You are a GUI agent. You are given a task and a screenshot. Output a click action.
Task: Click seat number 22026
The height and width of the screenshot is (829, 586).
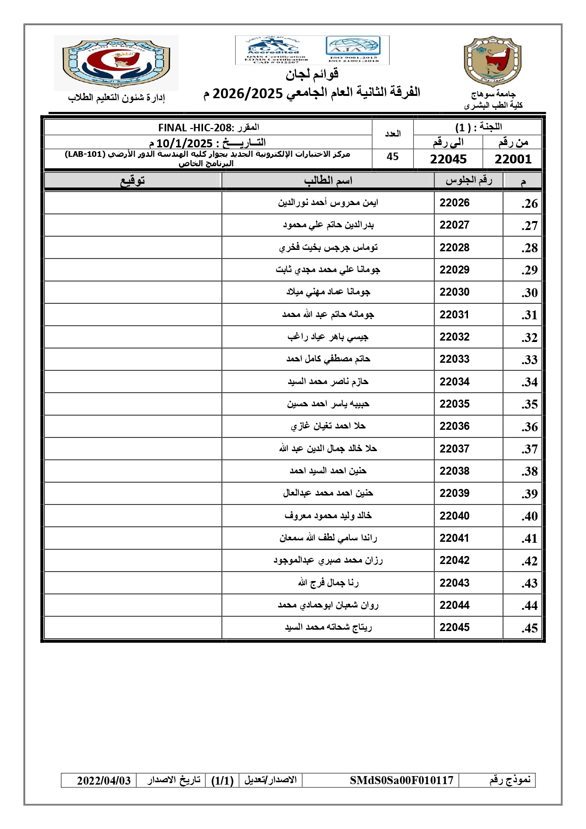454,203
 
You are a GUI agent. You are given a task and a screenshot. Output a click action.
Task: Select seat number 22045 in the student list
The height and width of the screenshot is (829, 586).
454,627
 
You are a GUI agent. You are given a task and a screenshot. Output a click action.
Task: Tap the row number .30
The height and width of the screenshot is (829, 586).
529,293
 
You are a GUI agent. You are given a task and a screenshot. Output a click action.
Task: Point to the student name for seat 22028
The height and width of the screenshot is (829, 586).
328,248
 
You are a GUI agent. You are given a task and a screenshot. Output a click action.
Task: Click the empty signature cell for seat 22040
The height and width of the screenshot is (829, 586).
133,516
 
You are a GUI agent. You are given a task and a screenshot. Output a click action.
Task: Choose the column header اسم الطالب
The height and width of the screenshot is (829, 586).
328,180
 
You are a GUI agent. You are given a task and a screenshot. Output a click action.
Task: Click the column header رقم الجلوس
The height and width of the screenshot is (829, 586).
468,180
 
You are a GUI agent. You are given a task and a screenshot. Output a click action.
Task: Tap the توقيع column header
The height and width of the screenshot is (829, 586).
133,180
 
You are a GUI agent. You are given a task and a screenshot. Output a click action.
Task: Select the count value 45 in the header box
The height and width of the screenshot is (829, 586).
392,157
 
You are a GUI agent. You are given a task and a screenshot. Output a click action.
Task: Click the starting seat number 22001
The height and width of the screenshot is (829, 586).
512,159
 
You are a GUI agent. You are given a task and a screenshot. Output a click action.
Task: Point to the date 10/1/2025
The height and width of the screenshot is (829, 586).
184,143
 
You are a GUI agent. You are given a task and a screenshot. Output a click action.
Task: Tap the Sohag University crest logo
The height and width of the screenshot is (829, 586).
492,61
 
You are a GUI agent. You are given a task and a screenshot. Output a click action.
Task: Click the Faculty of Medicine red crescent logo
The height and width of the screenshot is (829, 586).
116,63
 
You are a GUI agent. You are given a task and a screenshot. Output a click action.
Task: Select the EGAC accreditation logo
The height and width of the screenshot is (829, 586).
273,50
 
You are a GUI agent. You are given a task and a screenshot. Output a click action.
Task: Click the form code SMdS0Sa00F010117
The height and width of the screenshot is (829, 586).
401,780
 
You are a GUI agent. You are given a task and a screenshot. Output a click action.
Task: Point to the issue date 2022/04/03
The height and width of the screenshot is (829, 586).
104,780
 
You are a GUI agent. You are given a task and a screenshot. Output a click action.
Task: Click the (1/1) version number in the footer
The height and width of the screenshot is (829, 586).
222,780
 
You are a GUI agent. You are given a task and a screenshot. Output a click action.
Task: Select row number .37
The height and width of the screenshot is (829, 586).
529,449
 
